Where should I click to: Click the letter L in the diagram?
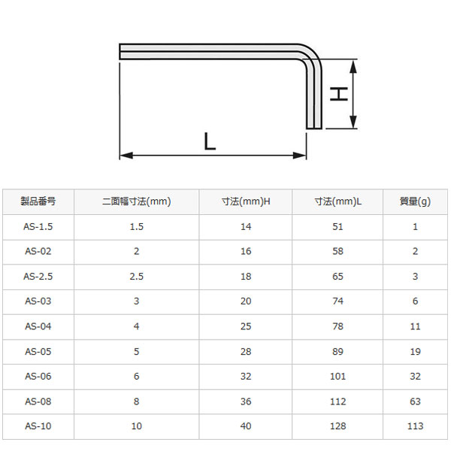210,141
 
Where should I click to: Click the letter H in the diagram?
341,94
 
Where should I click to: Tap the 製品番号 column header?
38,201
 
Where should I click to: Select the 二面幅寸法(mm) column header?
136,201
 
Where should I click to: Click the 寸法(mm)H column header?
246,201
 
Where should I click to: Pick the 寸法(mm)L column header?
337,201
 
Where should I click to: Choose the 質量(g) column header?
416,201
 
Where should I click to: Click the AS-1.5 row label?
38,226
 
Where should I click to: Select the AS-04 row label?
38,326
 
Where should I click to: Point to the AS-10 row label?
38,425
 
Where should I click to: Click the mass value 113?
416,425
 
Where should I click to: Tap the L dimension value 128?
337,425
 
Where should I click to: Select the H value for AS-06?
246,376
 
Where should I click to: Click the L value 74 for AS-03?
337,301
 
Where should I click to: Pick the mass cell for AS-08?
416,401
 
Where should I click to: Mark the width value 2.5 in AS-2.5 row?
136,276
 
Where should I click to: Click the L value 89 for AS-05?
337,351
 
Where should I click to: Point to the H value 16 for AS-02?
246,251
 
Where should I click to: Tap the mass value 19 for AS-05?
416,351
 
